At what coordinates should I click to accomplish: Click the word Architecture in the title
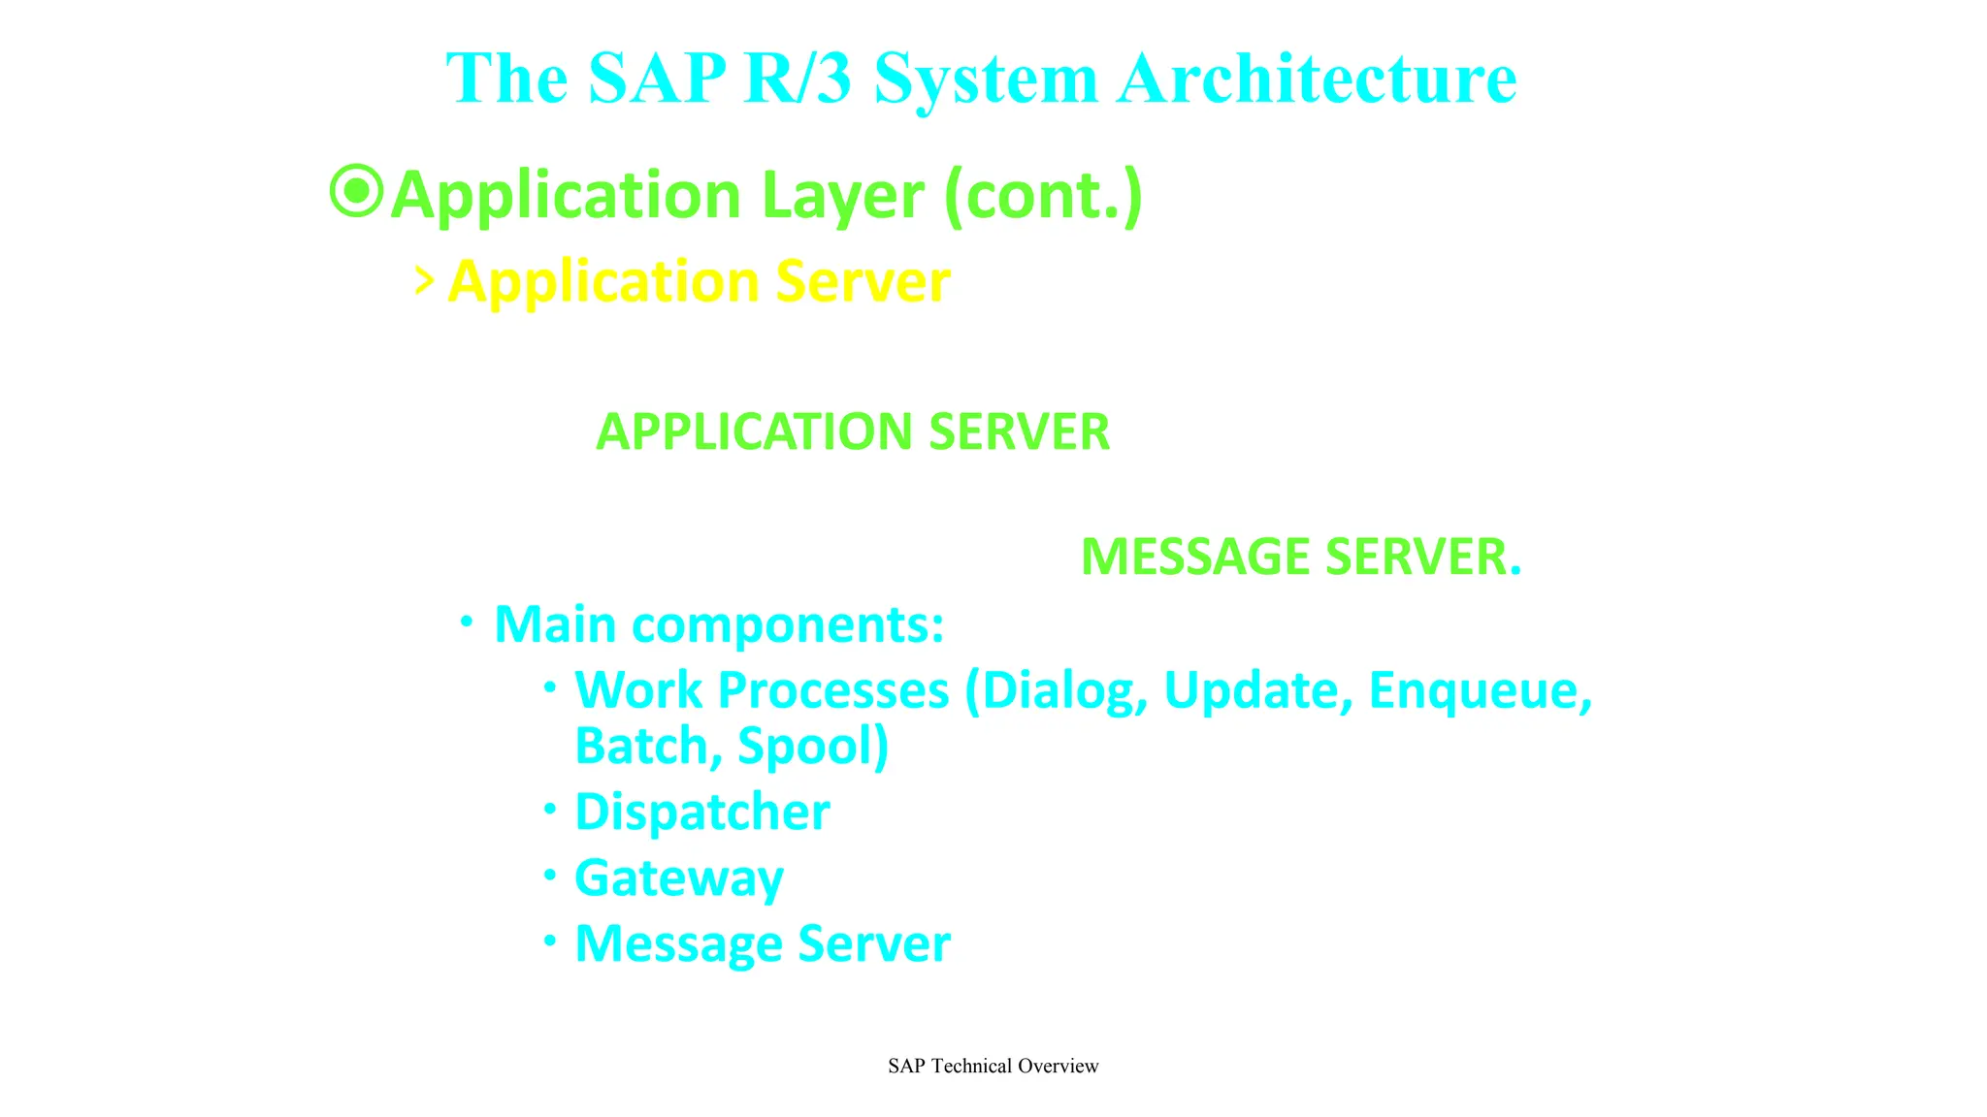[x=1317, y=78]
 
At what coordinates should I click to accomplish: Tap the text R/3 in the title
[x=797, y=78]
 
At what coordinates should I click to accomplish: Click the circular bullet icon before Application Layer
[x=357, y=191]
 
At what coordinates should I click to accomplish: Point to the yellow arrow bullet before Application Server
[x=423, y=281]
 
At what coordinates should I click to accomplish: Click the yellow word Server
[x=862, y=282]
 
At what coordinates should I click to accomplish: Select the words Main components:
[x=718, y=623]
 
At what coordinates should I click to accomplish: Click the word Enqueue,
[x=1480, y=690]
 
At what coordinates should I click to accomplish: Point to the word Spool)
[x=812, y=746]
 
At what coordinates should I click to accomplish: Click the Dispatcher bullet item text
[x=701, y=812]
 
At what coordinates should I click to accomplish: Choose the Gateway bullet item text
[x=678, y=878]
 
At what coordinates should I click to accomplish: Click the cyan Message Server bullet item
[x=762, y=943]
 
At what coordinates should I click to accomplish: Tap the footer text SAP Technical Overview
[x=993, y=1066]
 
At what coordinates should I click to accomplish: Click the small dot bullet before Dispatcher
[x=550, y=808]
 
